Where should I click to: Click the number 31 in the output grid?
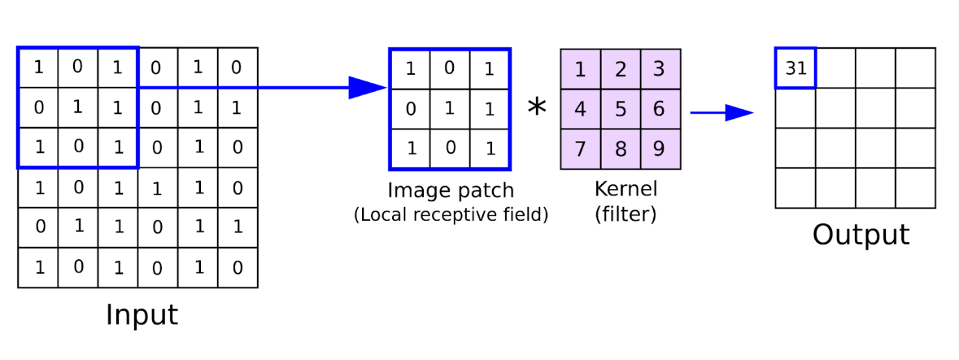point(796,69)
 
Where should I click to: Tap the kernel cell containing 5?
point(621,109)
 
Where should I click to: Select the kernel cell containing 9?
point(661,149)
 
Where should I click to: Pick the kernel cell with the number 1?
point(581,69)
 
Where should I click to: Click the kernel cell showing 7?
point(581,149)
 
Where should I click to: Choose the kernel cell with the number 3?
point(661,69)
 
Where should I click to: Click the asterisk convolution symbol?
point(537,107)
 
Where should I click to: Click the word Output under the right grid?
point(861,235)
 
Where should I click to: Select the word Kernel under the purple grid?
point(625,189)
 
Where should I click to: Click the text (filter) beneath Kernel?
point(625,214)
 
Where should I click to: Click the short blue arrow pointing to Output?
point(722,113)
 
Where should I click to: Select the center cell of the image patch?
point(450,109)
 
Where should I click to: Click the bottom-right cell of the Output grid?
point(916,188)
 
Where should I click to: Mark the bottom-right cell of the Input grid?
point(238,268)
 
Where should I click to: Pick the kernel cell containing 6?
point(661,109)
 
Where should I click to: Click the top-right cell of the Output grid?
point(916,68)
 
